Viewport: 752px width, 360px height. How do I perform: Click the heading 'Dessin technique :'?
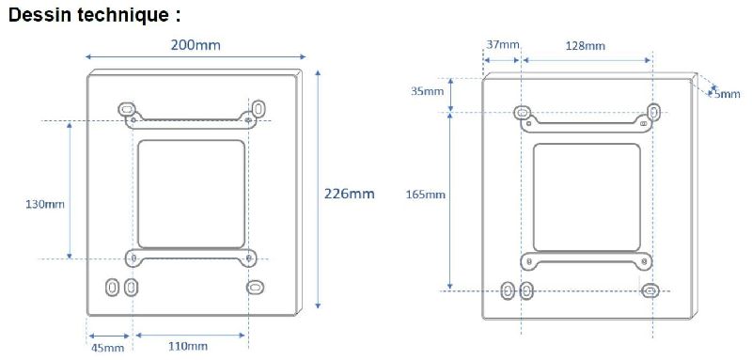point(93,16)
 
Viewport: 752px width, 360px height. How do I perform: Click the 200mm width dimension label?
point(196,45)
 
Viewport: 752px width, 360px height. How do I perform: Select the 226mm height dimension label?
point(349,194)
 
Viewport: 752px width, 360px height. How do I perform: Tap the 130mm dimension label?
point(44,204)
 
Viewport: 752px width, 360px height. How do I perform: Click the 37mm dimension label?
point(503,44)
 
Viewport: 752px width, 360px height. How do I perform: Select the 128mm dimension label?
point(586,44)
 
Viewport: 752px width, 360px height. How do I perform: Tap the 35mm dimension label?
point(428,91)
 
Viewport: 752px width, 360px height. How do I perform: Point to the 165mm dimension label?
point(428,195)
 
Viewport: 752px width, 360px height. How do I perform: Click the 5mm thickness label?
point(726,93)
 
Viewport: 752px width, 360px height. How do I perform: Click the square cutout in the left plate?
point(192,194)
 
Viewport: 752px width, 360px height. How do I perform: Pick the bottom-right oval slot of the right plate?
point(650,290)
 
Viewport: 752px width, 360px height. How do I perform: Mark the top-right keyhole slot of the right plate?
point(650,114)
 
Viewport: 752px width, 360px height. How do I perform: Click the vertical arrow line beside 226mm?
point(319,188)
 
